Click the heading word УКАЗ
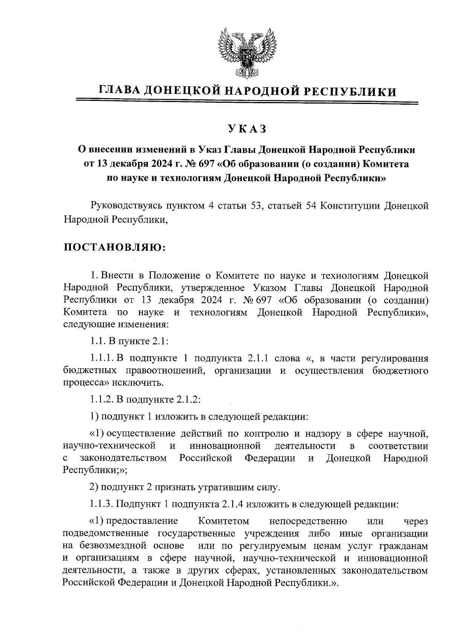247,129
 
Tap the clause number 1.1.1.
102,358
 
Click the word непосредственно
308,522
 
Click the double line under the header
247,102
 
